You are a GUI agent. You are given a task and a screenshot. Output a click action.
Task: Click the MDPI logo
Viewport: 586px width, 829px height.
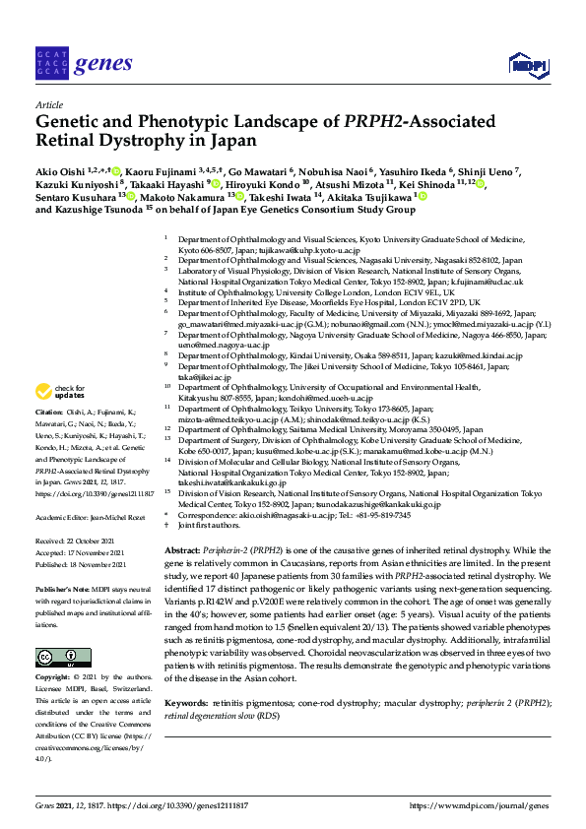(527, 65)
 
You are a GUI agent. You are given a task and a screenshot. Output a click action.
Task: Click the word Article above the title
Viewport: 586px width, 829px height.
(48, 104)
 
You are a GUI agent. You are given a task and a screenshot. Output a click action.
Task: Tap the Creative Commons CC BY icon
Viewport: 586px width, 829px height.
(57, 657)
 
